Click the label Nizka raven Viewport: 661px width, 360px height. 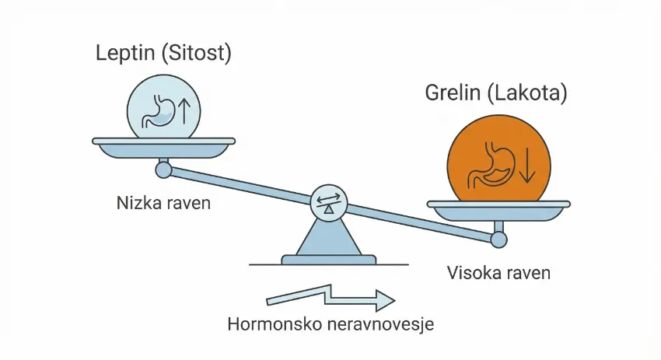pos(163,204)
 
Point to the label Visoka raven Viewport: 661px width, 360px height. pos(498,273)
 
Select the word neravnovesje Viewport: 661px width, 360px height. pos(380,323)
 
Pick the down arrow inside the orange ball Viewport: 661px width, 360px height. pos(526,166)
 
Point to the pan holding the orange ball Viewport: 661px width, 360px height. pos(499,208)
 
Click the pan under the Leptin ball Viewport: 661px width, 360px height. pos(163,145)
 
